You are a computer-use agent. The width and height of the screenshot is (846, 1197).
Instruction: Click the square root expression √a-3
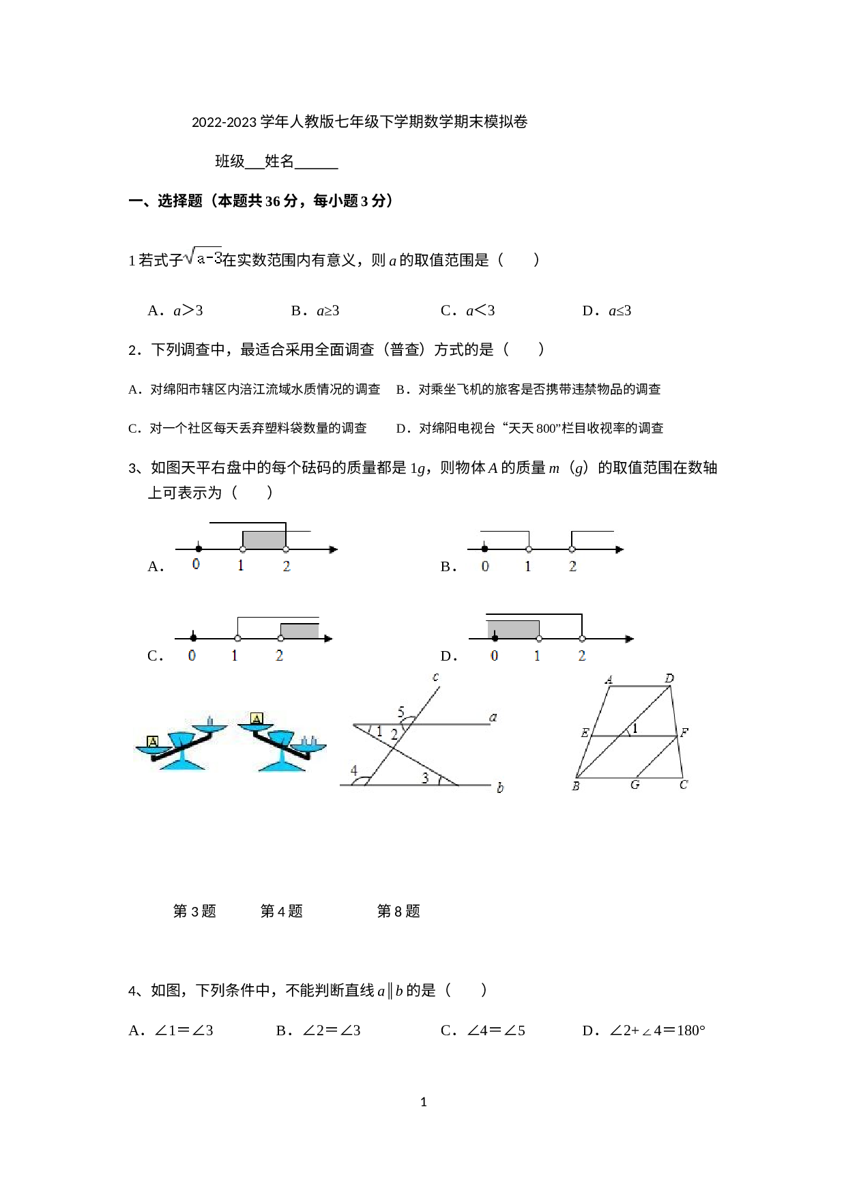pyautogui.click(x=203, y=257)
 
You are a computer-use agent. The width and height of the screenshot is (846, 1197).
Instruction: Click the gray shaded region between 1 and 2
pyautogui.click(x=265, y=539)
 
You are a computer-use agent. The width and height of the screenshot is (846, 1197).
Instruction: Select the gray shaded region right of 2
pyautogui.click(x=300, y=631)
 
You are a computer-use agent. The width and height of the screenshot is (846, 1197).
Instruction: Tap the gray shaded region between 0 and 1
pyautogui.click(x=513, y=629)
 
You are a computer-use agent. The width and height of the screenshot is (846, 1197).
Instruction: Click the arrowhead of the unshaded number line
pyautogui.click(x=619, y=549)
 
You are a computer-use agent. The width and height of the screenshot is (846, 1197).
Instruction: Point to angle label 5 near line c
pyautogui.click(x=401, y=713)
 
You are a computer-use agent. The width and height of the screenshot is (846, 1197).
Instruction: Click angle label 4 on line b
pyautogui.click(x=354, y=771)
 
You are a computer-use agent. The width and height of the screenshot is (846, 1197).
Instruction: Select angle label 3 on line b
pyautogui.click(x=425, y=777)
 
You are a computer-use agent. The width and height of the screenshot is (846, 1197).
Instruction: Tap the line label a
pyautogui.click(x=493, y=717)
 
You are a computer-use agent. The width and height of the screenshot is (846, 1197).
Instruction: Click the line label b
pyautogui.click(x=500, y=789)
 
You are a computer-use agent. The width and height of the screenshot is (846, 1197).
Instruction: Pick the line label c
pyautogui.click(x=435, y=678)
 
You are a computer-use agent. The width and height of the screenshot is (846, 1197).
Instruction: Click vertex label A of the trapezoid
pyautogui.click(x=608, y=680)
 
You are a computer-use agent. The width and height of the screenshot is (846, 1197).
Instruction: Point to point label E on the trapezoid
pyautogui.click(x=584, y=734)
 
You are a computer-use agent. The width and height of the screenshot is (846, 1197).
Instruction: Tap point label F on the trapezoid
pyautogui.click(x=684, y=734)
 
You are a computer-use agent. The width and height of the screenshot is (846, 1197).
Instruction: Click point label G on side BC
pyautogui.click(x=634, y=785)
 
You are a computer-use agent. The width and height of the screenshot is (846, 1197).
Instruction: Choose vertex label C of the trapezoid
pyautogui.click(x=683, y=785)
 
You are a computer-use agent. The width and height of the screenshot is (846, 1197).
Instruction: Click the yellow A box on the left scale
pyautogui.click(x=153, y=741)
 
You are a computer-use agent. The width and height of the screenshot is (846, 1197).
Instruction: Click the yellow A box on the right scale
pyautogui.click(x=257, y=719)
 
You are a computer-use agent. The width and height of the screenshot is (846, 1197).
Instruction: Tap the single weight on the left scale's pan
pyautogui.click(x=210, y=721)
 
